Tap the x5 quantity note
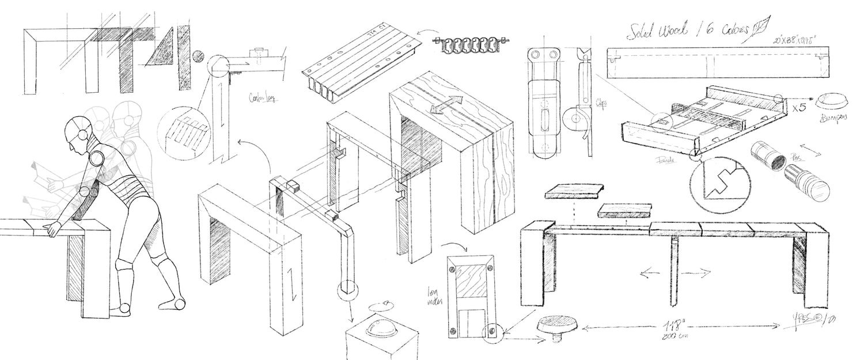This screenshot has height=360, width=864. (x=799, y=106)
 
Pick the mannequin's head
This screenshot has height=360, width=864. (x=78, y=130)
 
